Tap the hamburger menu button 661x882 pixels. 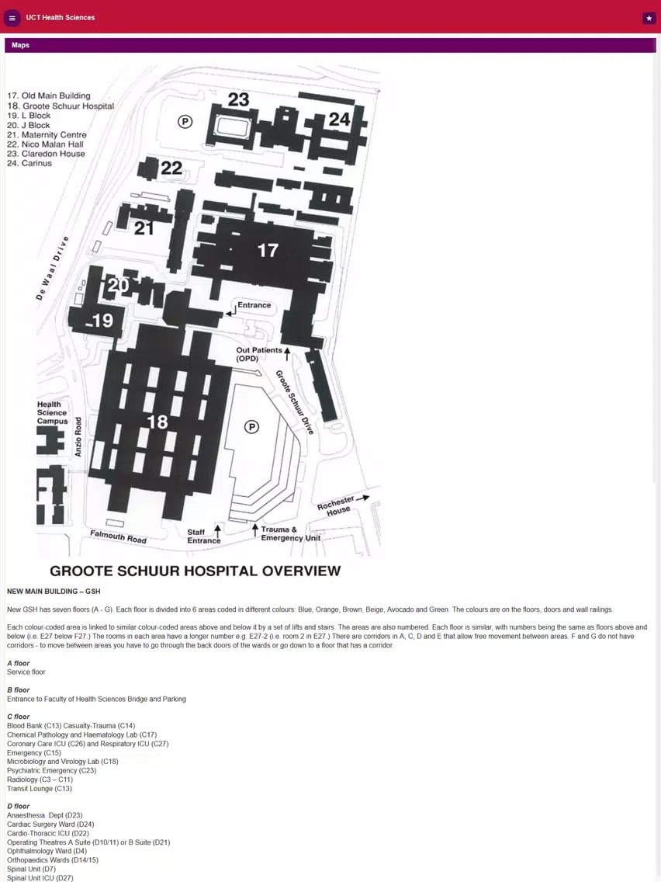pyautogui.click(x=12, y=18)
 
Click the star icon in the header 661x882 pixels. pyautogui.click(x=649, y=18)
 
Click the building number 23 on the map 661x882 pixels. pyautogui.click(x=238, y=99)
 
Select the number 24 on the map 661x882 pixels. pyautogui.click(x=340, y=120)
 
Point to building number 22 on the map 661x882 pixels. pyautogui.click(x=171, y=168)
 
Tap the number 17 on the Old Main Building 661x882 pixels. pyautogui.click(x=268, y=250)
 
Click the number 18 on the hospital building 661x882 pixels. pyautogui.click(x=157, y=422)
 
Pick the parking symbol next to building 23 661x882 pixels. pyautogui.click(x=185, y=121)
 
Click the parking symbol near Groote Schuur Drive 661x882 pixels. pyautogui.click(x=252, y=428)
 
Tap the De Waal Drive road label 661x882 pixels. pyautogui.click(x=52, y=268)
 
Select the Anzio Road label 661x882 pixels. pyautogui.click(x=78, y=436)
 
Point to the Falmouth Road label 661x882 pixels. pyautogui.click(x=119, y=536)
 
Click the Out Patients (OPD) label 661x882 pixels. pyautogui.click(x=259, y=354)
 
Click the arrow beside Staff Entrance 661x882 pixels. pyautogui.click(x=217, y=530)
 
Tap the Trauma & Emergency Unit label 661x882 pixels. pyautogui.click(x=291, y=533)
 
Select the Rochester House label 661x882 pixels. pyautogui.click(x=336, y=505)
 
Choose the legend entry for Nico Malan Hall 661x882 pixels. pyautogui.click(x=45, y=144)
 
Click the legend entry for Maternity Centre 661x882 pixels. pyautogui.click(x=47, y=134)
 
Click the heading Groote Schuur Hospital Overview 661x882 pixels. pyautogui.click(x=195, y=571)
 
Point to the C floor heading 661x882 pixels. pyautogui.click(x=18, y=717)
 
